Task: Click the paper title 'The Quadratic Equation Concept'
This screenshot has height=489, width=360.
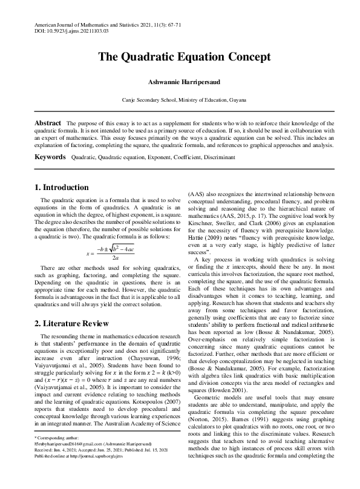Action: [180, 58]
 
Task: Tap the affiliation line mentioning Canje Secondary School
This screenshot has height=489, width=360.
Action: [180, 98]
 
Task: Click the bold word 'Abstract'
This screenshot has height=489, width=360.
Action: [48, 123]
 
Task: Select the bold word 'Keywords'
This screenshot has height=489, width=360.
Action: [50, 157]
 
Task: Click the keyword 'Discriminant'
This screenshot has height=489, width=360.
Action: [215, 157]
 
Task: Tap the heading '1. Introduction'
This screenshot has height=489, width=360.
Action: [63, 188]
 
